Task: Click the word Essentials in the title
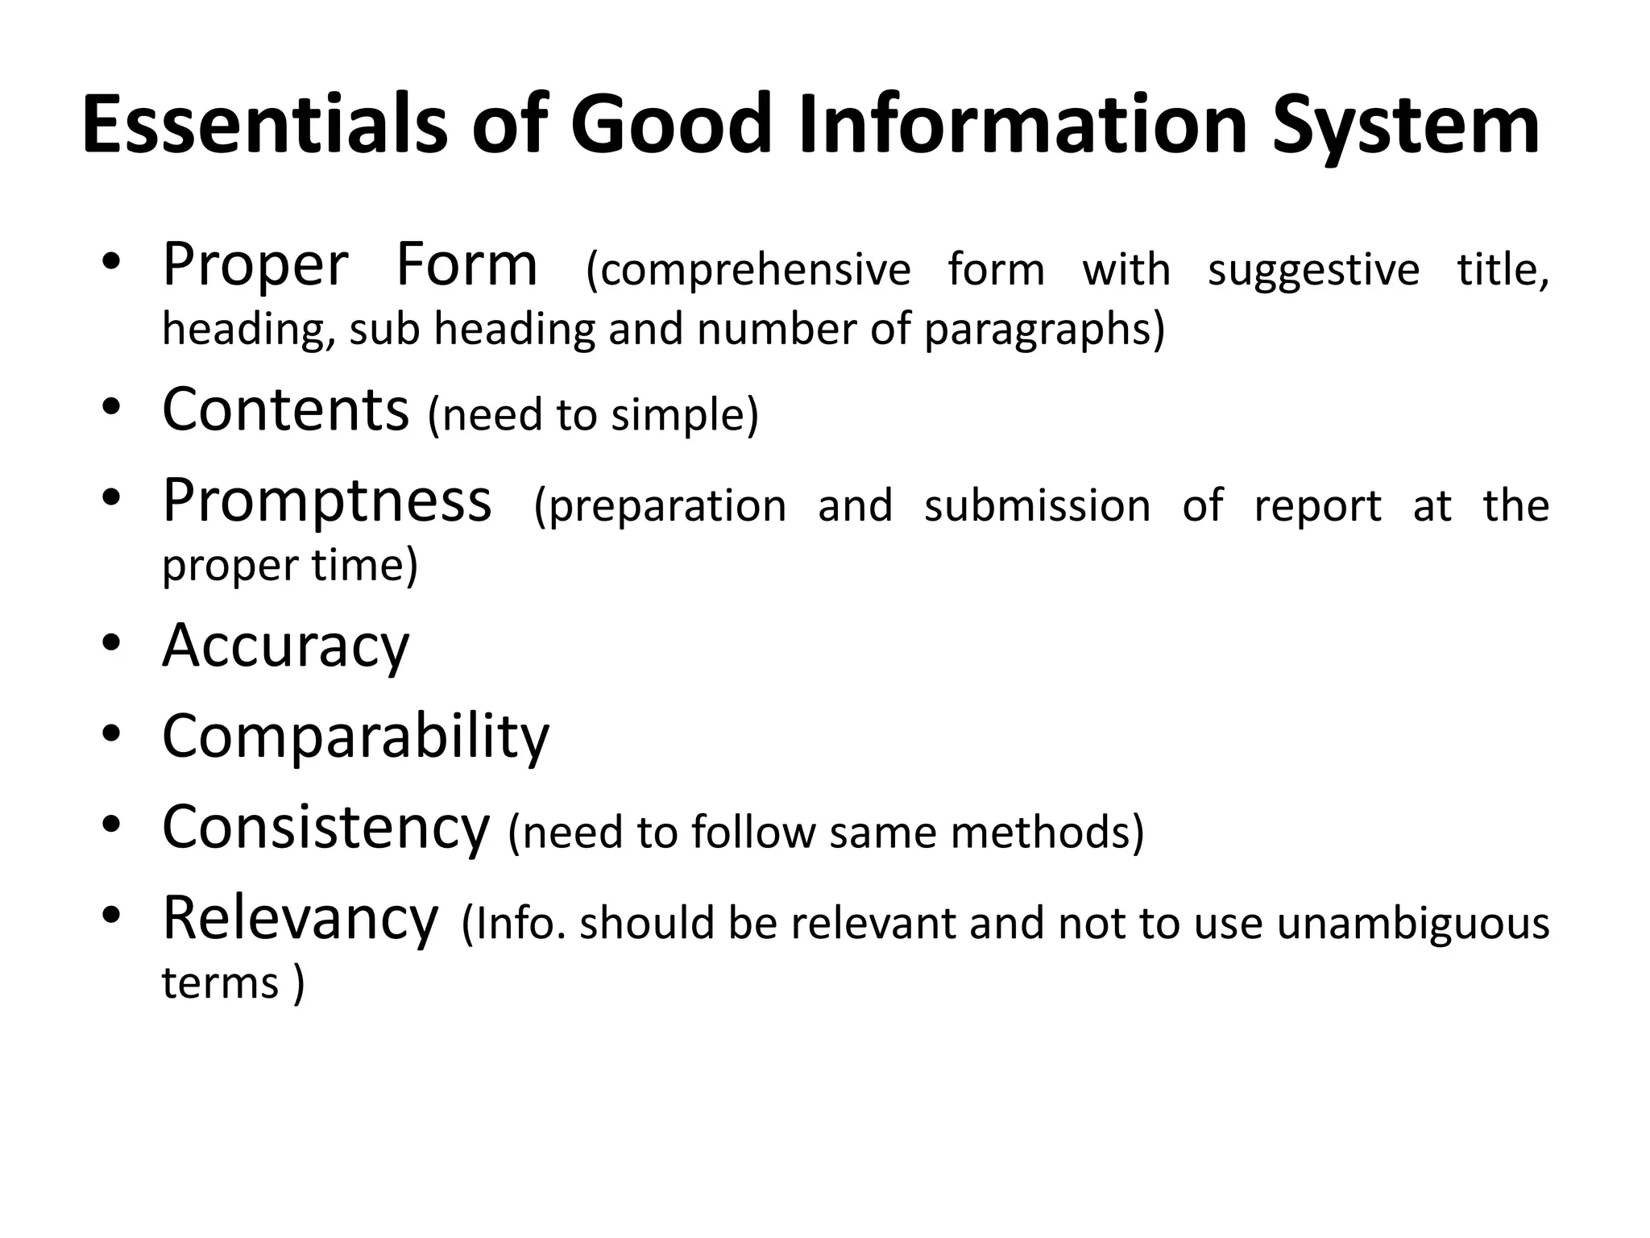pos(265,125)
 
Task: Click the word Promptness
pos(326,501)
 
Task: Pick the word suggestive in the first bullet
pos(1313,270)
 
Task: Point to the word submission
pos(1037,506)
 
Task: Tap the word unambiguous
pos(1413,924)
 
